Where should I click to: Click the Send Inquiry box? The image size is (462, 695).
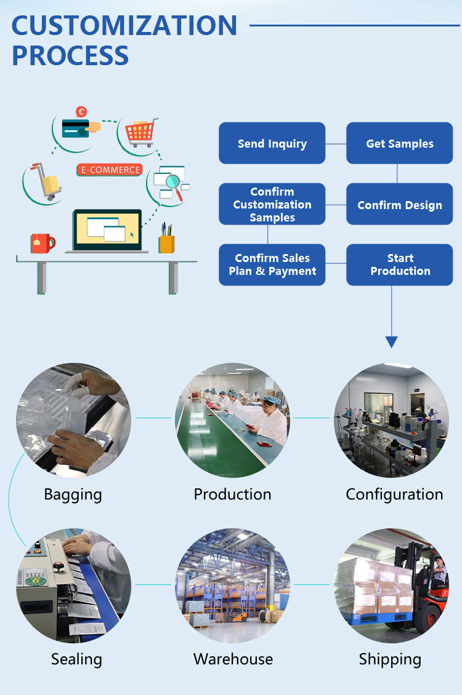coord(272,143)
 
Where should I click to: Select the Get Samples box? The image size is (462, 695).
coord(399,143)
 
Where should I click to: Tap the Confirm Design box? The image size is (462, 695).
coord(399,205)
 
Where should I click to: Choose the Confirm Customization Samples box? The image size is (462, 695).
coord(272,204)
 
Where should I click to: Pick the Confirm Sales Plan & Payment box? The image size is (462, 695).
coord(272,264)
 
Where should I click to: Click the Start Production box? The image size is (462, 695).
coord(399,264)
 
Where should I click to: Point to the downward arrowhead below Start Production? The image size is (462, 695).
coord(391,342)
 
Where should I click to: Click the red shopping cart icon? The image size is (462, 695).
coord(140,131)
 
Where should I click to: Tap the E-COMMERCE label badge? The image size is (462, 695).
coord(109,170)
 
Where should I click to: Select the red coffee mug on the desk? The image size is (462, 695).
coord(42,243)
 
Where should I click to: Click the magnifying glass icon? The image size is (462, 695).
coord(175,185)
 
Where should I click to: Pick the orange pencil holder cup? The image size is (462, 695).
coord(166,244)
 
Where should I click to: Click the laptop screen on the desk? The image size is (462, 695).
coord(107,228)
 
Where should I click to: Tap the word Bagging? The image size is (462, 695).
coord(73,494)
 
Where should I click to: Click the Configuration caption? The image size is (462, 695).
coord(394,494)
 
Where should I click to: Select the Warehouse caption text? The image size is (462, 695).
coord(233,659)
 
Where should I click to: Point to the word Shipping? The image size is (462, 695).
coord(390,659)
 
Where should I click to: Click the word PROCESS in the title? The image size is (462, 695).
coord(70,55)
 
